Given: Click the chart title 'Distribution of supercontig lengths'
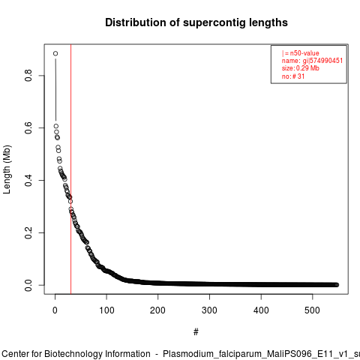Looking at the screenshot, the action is click(196, 22).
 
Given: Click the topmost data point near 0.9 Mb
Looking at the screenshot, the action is click(55, 53).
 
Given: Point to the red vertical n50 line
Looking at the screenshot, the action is click(71, 169).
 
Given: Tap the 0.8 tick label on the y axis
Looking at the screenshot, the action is click(28, 76).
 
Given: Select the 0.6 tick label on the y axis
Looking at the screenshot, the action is click(28, 127).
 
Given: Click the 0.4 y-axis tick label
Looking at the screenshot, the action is click(28, 180).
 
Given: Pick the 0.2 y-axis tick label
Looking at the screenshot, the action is click(28, 232).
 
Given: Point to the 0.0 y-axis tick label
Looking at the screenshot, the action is click(28, 285).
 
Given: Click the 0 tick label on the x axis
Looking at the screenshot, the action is click(55, 310).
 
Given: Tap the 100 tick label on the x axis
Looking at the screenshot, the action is click(106, 310).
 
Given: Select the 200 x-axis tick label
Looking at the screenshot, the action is click(157, 310).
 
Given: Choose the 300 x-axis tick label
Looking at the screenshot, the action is click(209, 310).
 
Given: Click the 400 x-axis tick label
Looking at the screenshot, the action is click(261, 310).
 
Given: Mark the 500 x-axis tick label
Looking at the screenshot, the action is click(312, 310).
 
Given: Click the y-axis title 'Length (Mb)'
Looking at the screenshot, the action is click(7, 169).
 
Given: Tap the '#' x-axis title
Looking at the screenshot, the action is click(196, 332).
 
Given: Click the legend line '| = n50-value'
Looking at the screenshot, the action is click(301, 53).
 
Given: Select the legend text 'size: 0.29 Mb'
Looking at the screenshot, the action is click(301, 68).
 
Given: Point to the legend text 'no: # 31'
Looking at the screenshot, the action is click(293, 76).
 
